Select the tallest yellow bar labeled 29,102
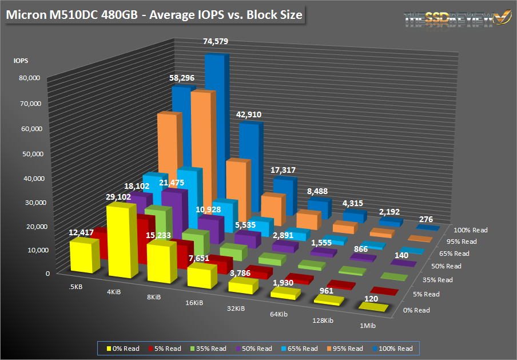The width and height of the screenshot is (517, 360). pyautogui.click(x=121, y=243)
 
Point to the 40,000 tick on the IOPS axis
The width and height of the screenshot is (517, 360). pyautogui.click(x=27, y=178)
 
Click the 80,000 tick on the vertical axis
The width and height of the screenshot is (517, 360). pyautogui.click(x=27, y=78)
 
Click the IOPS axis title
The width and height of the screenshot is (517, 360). pyautogui.click(x=21, y=59)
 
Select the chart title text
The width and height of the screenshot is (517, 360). pyautogui.click(x=154, y=15)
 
